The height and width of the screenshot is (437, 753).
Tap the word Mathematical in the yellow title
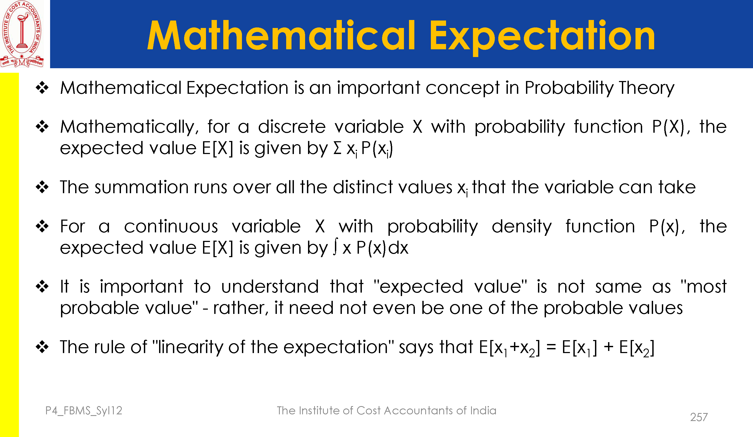click(281, 35)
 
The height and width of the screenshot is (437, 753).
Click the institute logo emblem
click(22, 34)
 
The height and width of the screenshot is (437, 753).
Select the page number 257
click(699, 417)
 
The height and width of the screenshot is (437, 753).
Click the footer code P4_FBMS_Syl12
click(84, 411)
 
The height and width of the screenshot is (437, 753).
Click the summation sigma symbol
click(337, 148)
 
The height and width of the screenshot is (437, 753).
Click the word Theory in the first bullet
click(647, 88)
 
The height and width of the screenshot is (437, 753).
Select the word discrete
click(292, 127)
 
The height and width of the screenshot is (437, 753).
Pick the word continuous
click(171, 226)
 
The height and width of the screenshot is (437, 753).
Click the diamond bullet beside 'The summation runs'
click(42, 187)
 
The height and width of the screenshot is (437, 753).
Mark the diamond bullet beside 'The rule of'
click(42, 347)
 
